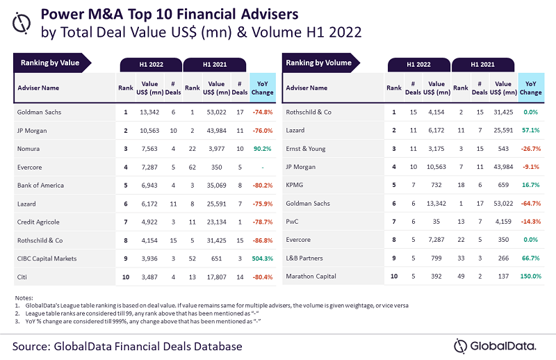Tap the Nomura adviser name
click(x=30, y=147)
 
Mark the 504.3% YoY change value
click(x=262, y=259)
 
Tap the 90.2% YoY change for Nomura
click(x=262, y=147)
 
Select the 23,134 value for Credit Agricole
click(x=217, y=222)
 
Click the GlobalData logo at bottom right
click(x=495, y=345)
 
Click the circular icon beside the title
click(x=23, y=24)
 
